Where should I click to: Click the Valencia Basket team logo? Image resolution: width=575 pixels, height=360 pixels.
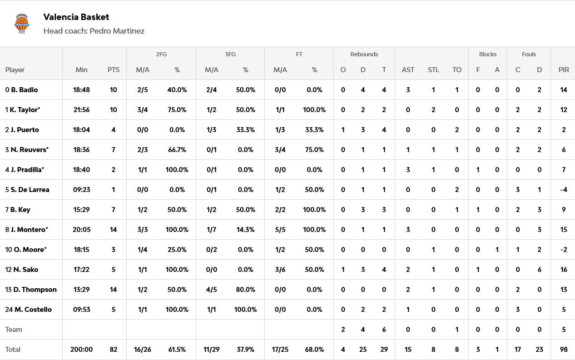tap(21, 24)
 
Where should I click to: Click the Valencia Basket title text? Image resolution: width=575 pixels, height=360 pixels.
tap(76, 17)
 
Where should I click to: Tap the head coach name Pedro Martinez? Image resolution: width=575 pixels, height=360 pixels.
tap(117, 31)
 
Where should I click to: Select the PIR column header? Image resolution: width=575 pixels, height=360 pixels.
tap(564, 70)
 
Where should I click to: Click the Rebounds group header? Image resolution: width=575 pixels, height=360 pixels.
tap(364, 54)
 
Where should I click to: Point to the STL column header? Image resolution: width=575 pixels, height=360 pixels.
tap(433, 70)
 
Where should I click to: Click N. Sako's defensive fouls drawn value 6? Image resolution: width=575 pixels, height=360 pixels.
tap(539, 270)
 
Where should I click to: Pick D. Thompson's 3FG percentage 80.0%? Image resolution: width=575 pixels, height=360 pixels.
tap(245, 290)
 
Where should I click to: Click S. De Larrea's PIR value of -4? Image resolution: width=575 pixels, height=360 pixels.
tap(564, 190)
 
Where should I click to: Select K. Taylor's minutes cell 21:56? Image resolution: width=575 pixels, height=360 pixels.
tap(81, 110)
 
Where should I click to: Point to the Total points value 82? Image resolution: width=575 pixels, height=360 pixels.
tap(113, 350)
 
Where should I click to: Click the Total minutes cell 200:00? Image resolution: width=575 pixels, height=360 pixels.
tap(81, 350)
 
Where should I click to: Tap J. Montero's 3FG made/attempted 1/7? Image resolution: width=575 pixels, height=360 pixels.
tap(211, 230)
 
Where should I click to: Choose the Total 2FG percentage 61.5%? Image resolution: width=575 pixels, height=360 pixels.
tap(177, 350)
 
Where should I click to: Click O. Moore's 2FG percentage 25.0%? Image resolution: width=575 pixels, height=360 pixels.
tap(177, 250)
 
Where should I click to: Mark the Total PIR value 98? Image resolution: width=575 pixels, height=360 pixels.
tap(564, 350)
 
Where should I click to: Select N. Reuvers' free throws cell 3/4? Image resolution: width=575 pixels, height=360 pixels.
tap(280, 150)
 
